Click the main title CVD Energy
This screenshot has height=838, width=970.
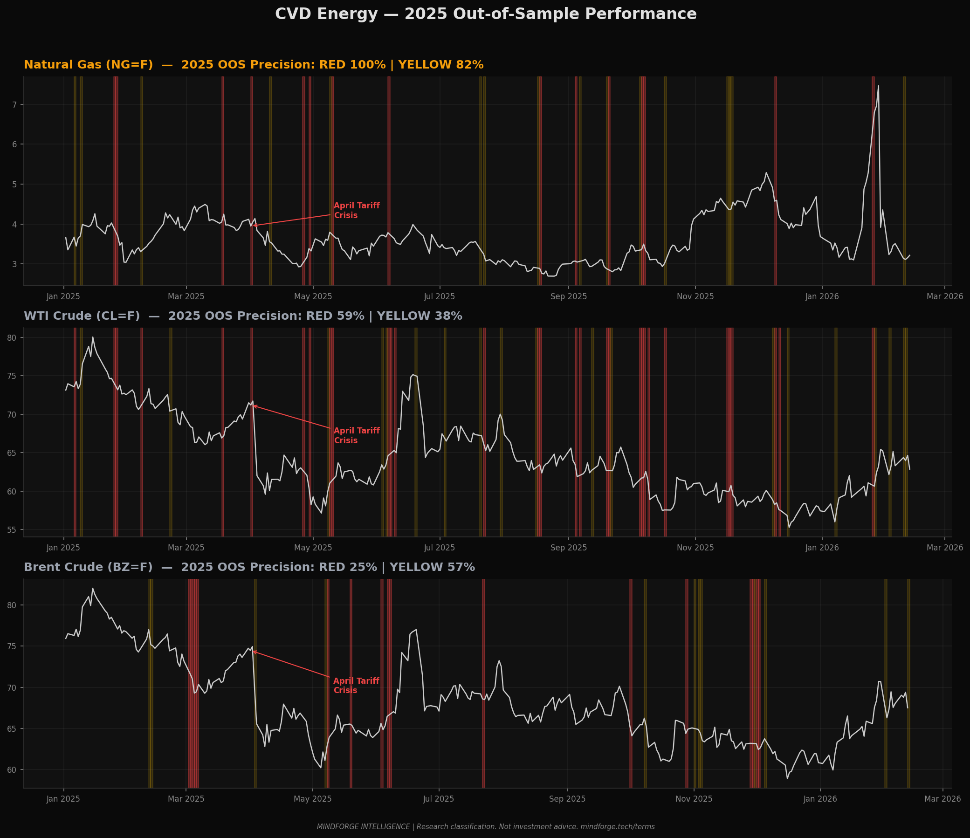tap(486, 14)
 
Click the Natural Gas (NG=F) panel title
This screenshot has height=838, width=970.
tap(253, 65)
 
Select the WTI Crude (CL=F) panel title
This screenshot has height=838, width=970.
tap(242, 316)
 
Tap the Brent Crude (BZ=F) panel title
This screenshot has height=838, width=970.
tap(249, 567)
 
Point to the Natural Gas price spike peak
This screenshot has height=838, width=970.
tap(878, 86)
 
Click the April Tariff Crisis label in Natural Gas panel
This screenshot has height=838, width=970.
tap(356, 211)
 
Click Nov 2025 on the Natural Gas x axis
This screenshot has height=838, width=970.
tap(695, 296)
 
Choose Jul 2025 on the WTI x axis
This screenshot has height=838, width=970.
tap(439, 547)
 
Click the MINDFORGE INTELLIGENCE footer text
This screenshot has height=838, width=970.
tap(486, 827)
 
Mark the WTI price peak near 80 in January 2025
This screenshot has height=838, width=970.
tap(93, 337)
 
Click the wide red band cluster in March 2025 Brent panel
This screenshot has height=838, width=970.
tap(193, 684)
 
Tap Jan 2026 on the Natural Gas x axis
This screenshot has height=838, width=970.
tap(822, 296)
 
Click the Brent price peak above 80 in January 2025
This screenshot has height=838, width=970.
tap(93, 589)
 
